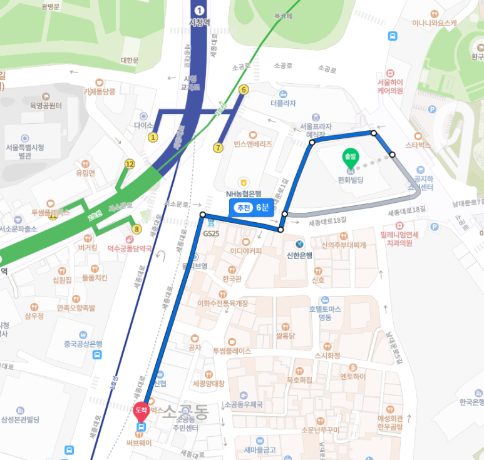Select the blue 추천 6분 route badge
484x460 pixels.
pos(252,208)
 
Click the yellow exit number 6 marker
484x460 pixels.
pos(244,89)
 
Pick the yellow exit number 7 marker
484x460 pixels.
pos(218,148)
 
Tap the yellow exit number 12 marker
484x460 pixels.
pos(130,164)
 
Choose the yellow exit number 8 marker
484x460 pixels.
pos(136,229)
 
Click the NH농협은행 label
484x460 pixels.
pos(247,194)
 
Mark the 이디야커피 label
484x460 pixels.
pos(246,251)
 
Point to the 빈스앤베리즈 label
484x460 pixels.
pos(253,144)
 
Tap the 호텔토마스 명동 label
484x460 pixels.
pos(324,312)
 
